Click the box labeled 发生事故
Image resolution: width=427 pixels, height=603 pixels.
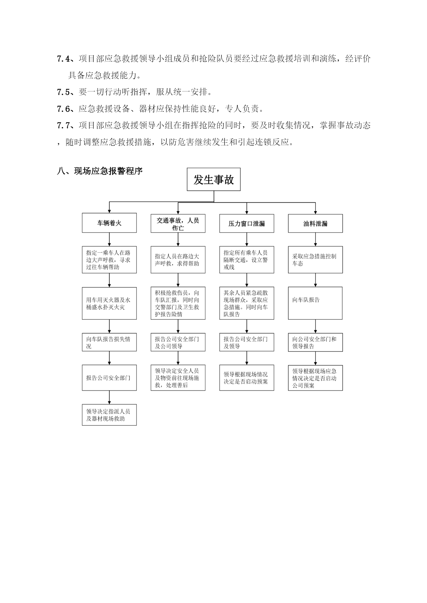(213, 179)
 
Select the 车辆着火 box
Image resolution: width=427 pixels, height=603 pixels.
(109, 223)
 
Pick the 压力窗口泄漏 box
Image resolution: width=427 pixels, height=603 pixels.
(247, 224)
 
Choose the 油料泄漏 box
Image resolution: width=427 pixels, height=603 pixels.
(315, 224)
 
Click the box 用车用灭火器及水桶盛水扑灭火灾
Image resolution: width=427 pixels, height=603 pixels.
(109, 303)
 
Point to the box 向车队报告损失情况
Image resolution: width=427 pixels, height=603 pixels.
(109, 342)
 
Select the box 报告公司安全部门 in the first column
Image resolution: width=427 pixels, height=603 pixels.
(109, 378)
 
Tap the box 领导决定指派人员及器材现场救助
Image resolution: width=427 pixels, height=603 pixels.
(109, 415)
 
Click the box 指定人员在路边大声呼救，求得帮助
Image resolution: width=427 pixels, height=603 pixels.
(178, 260)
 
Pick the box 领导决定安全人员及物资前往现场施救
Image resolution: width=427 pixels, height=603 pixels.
(178, 378)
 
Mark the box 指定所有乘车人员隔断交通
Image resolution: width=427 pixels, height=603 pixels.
(247, 260)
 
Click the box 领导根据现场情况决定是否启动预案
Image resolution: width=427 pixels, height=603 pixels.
(247, 378)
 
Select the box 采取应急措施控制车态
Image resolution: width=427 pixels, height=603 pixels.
(315, 260)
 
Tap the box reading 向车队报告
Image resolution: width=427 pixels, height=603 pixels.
(315, 303)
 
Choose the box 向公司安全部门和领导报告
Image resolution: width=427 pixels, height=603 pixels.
(315, 342)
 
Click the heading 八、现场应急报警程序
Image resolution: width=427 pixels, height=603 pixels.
(100, 171)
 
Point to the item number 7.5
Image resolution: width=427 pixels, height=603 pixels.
(63, 92)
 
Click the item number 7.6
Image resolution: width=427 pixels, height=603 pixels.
(63, 109)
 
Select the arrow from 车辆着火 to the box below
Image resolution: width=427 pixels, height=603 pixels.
(109, 239)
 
